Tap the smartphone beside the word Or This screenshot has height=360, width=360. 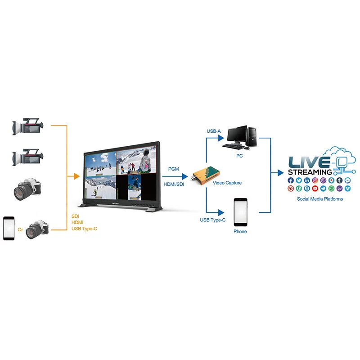tap(9, 229)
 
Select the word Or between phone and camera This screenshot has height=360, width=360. tap(20, 229)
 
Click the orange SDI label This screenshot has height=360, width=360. tap(76, 216)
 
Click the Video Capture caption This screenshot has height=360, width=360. tap(227, 183)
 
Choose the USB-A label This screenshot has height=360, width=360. tap(214, 131)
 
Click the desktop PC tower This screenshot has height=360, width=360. tap(252, 135)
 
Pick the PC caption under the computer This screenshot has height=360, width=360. tap(239, 155)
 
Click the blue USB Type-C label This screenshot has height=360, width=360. tap(213, 220)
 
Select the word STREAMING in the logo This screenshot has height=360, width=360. tap(310, 172)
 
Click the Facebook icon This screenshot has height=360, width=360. tap(291, 180)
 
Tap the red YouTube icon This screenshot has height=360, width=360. tap(315, 189)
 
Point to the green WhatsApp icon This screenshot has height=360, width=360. tap(331, 189)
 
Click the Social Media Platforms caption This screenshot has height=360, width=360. tap(319, 199)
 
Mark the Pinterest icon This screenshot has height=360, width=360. tap(291, 189)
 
